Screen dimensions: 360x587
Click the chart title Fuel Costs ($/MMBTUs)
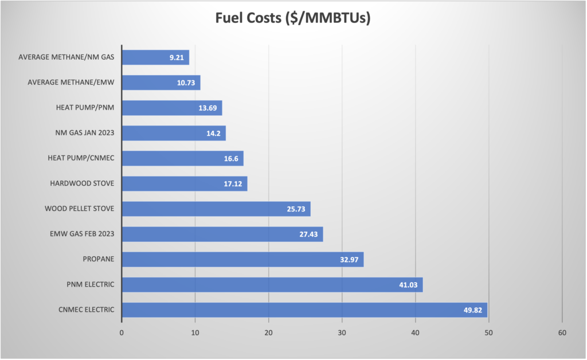[293, 18]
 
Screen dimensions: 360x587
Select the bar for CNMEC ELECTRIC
[304, 310]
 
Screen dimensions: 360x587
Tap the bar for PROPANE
[242, 259]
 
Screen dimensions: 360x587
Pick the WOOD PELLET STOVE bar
[216, 209]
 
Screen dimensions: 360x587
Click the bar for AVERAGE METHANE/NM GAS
[155, 57]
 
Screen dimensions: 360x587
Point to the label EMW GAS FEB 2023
[80, 234]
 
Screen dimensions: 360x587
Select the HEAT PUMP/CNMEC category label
[81, 158]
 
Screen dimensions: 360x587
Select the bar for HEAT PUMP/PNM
[171, 108]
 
